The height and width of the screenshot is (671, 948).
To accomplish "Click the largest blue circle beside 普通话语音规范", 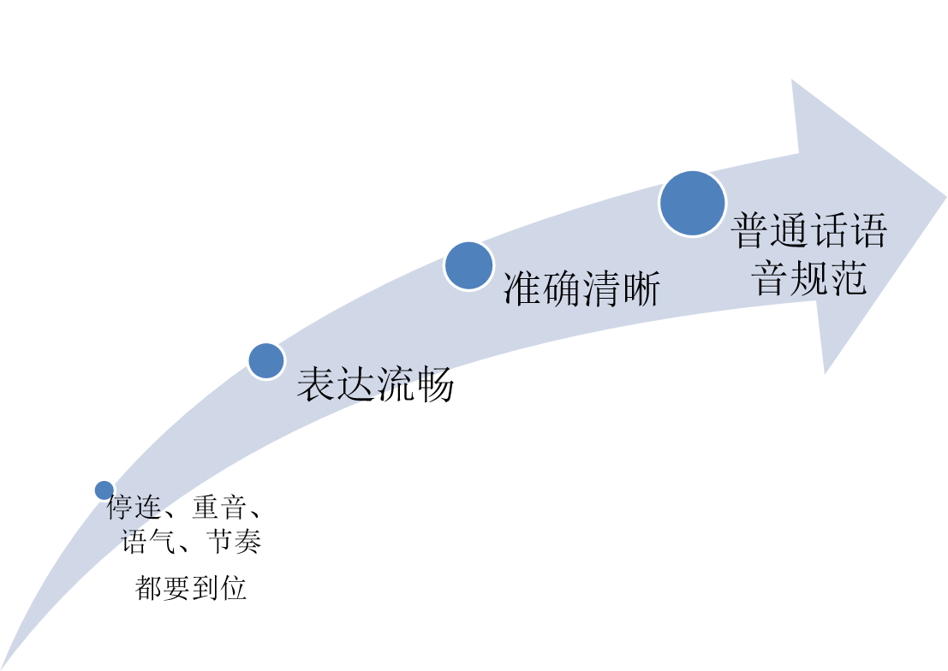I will [692, 203].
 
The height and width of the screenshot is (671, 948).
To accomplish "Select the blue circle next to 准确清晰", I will [468, 264].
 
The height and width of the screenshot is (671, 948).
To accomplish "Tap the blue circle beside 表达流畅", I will [265, 360].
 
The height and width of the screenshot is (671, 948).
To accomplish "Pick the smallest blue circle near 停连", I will [104, 490].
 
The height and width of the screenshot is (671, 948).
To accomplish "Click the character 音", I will [771, 278].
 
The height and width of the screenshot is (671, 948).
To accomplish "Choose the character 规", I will [810, 278].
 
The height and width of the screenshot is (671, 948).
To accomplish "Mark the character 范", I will [849, 278].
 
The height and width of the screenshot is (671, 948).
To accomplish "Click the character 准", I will [523, 291].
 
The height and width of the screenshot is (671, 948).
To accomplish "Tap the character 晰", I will [641, 291].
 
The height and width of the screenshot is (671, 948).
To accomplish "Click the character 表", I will [316, 386].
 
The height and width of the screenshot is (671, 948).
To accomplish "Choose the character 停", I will [120, 509].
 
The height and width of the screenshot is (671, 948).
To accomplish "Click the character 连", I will [146, 509].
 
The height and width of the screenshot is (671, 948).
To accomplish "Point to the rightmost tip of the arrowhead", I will [945, 198].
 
